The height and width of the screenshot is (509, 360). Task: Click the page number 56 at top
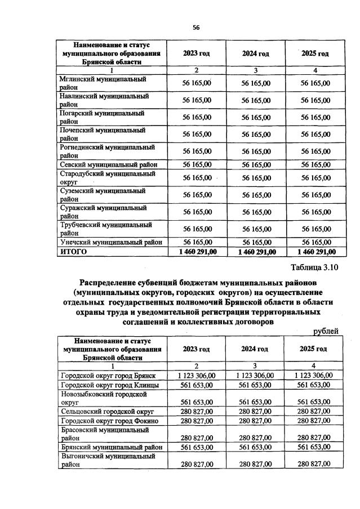click(x=196, y=28)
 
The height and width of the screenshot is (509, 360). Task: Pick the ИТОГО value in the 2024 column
click(x=256, y=252)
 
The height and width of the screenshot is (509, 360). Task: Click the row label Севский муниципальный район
click(x=108, y=164)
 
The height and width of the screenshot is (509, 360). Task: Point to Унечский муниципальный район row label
click(x=110, y=242)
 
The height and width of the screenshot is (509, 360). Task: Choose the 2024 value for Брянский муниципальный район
click(x=256, y=447)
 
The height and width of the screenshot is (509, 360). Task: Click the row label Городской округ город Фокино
click(x=109, y=421)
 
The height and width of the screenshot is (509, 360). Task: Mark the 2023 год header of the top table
click(x=197, y=53)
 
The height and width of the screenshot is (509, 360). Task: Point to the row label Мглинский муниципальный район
click(x=98, y=83)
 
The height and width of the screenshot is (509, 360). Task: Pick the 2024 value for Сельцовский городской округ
click(x=256, y=412)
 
